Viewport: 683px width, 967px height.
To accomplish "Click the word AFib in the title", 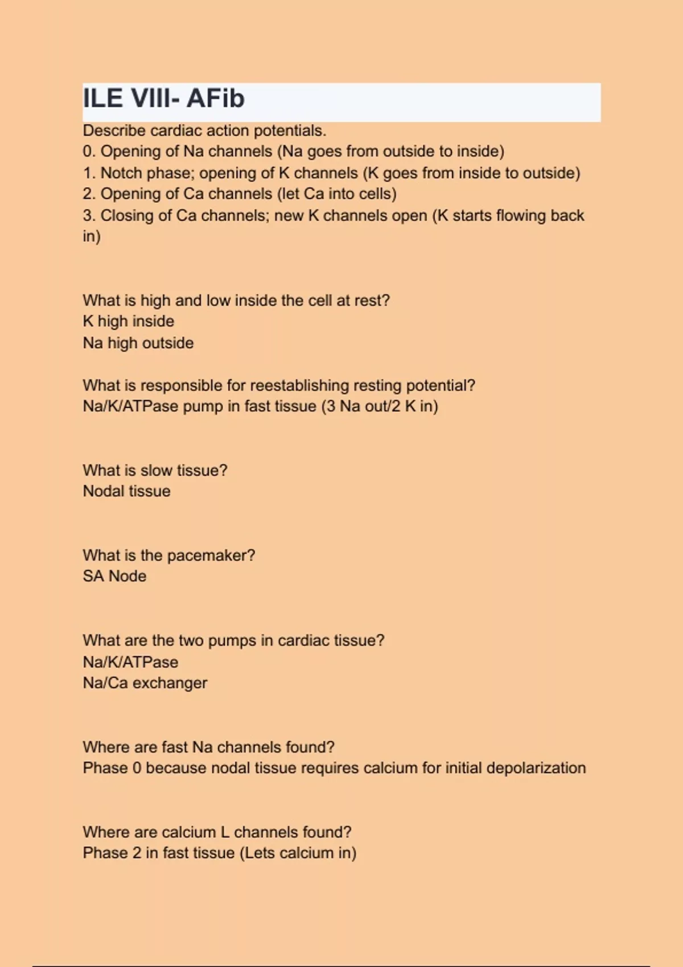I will [x=215, y=98].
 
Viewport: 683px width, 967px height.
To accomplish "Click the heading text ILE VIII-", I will [x=131, y=98].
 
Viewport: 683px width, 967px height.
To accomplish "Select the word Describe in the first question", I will [x=114, y=131].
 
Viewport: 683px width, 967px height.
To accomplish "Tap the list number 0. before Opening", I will [x=89, y=151].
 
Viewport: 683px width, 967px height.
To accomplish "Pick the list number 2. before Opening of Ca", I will [x=89, y=194].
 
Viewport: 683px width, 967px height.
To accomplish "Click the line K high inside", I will [x=128, y=321].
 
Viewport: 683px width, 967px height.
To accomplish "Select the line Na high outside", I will [x=138, y=343].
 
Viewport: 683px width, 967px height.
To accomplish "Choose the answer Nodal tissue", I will [x=126, y=491].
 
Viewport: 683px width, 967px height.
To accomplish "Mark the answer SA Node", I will [x=114, y=576].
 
